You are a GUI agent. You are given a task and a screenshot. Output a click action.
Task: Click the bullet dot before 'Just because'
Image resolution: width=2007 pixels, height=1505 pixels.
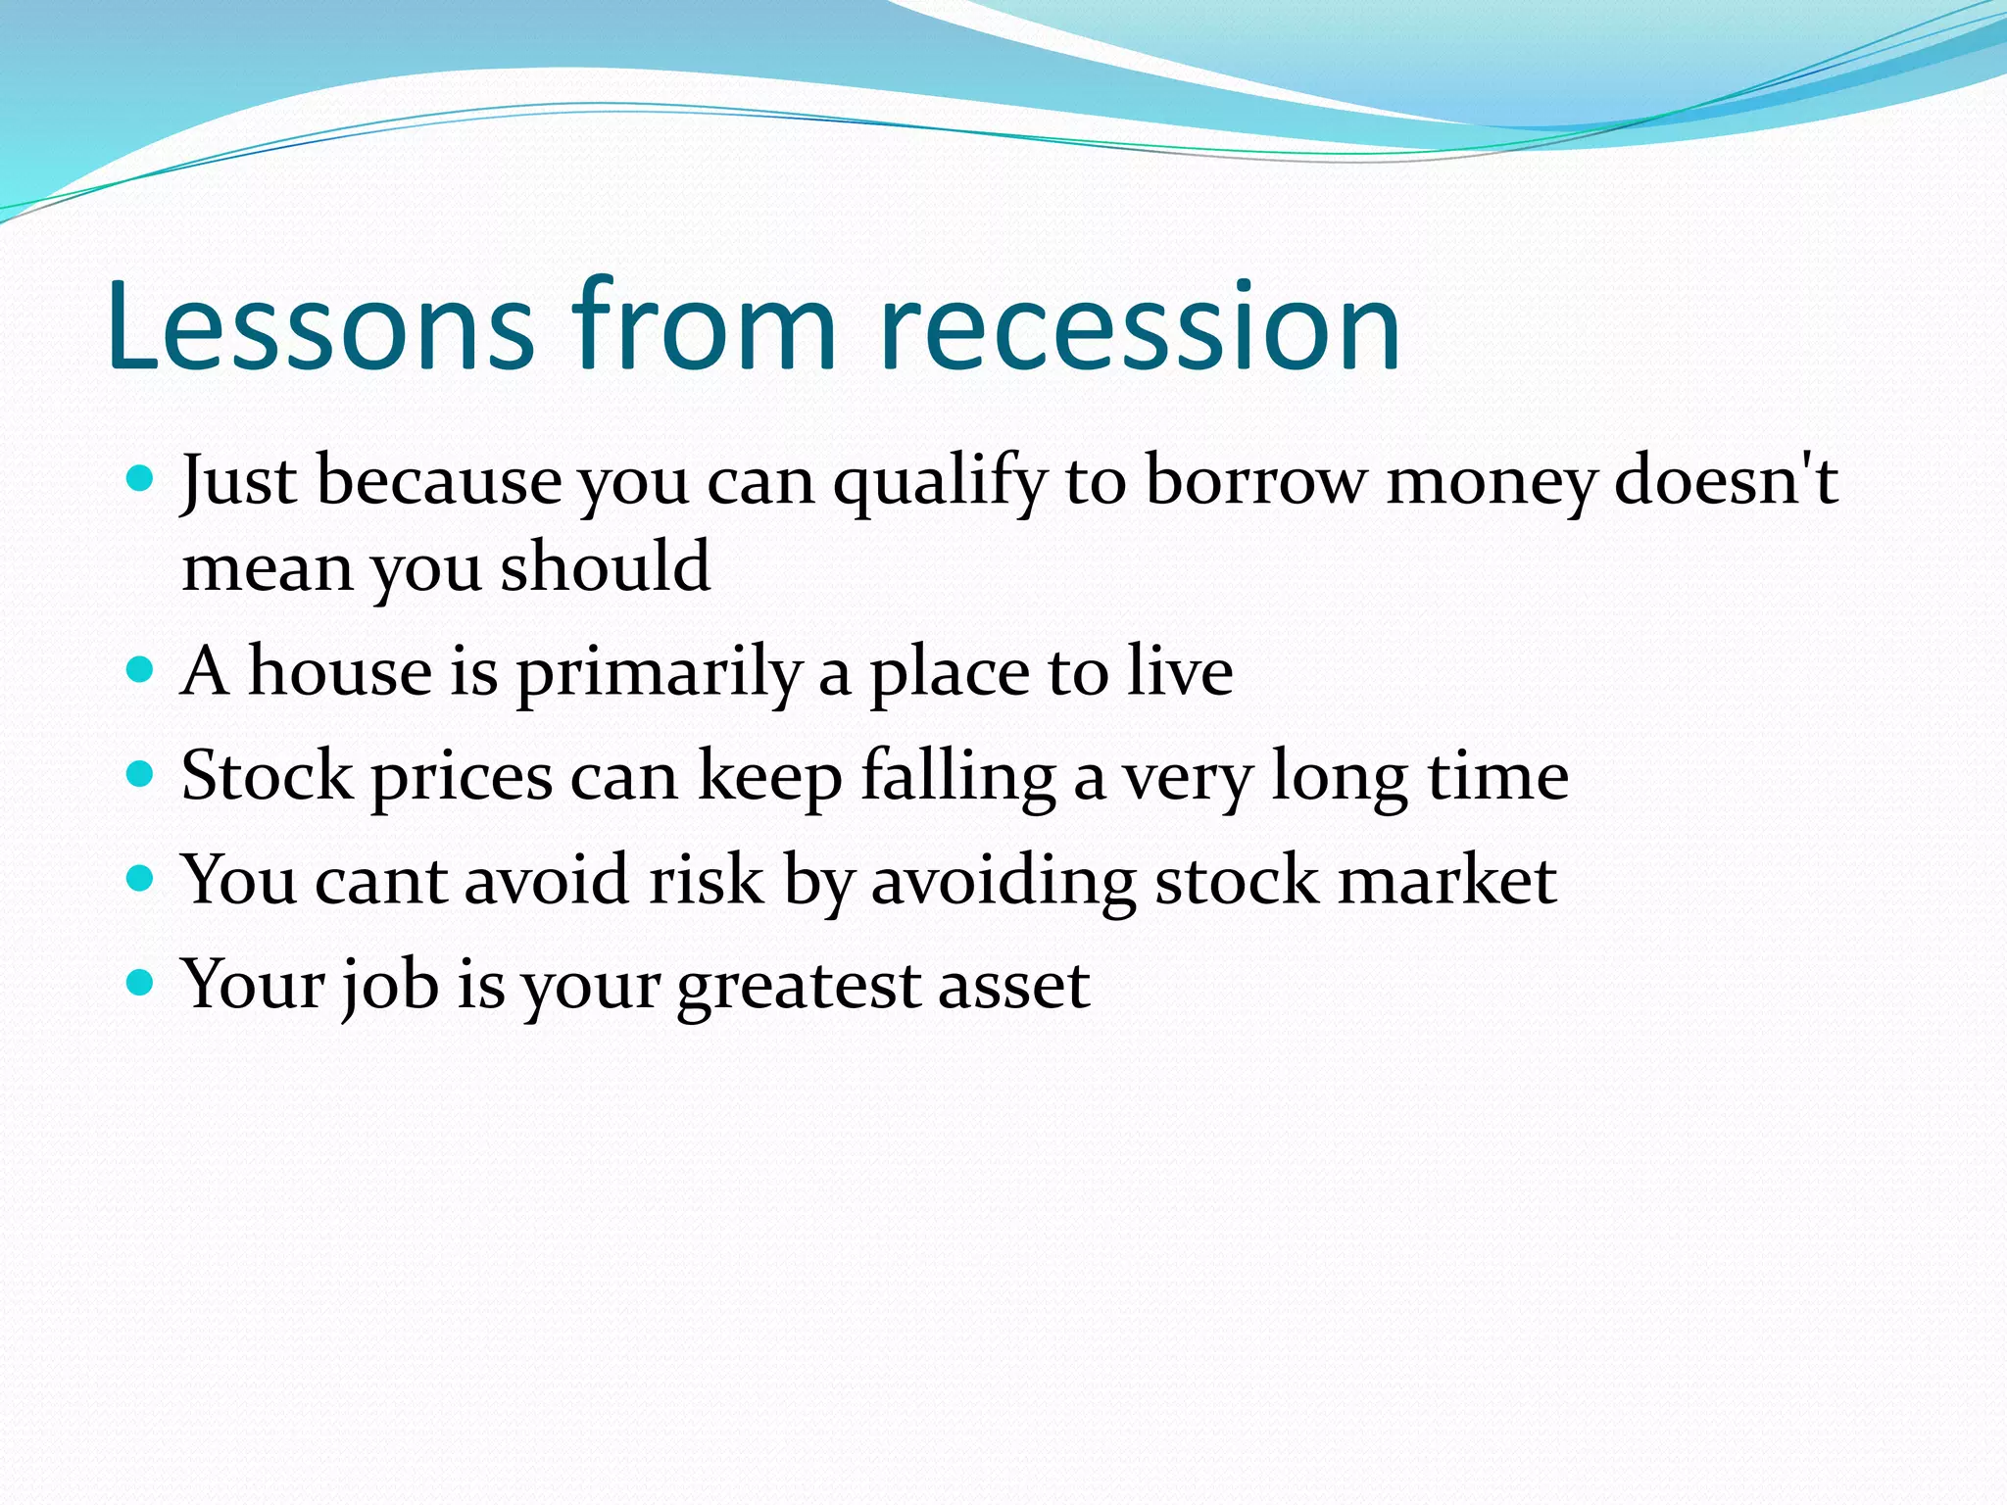[x=141, y=479]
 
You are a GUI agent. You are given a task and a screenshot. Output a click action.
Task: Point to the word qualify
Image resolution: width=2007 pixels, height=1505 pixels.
[x=940, y=483]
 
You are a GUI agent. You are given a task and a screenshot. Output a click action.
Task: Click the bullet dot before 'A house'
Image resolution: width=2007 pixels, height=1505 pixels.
[x=141, y=670]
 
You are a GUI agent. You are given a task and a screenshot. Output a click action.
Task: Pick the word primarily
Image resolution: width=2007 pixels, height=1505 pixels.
[x=660, y=674]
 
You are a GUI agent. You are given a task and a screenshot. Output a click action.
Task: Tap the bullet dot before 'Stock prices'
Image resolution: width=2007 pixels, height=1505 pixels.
[x=141, y=775]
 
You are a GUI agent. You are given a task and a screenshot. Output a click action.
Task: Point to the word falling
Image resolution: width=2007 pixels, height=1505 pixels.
[x=958, y=777]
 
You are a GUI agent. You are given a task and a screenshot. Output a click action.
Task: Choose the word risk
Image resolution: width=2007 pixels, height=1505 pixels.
[x=706, y=879]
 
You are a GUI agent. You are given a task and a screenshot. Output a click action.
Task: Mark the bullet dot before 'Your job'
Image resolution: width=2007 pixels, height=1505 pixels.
[x=141, y=983]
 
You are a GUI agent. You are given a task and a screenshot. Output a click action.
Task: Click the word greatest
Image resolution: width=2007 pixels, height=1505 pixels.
[x=798, y=987]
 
